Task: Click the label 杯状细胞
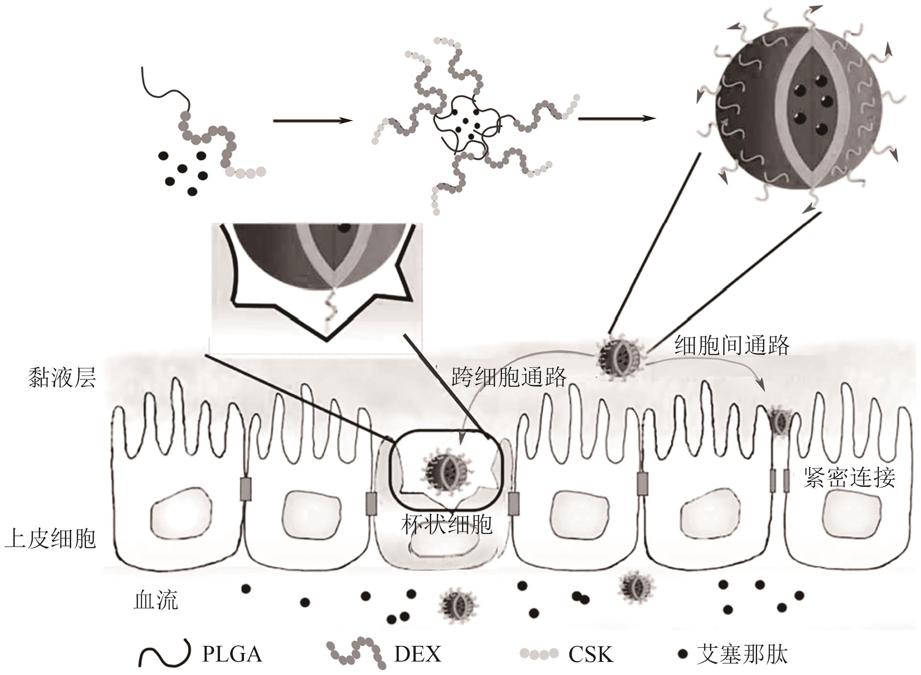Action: (x=446, y=524)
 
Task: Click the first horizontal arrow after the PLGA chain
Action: (x=313, y=121)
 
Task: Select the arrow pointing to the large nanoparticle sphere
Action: (x=617, y=118)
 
